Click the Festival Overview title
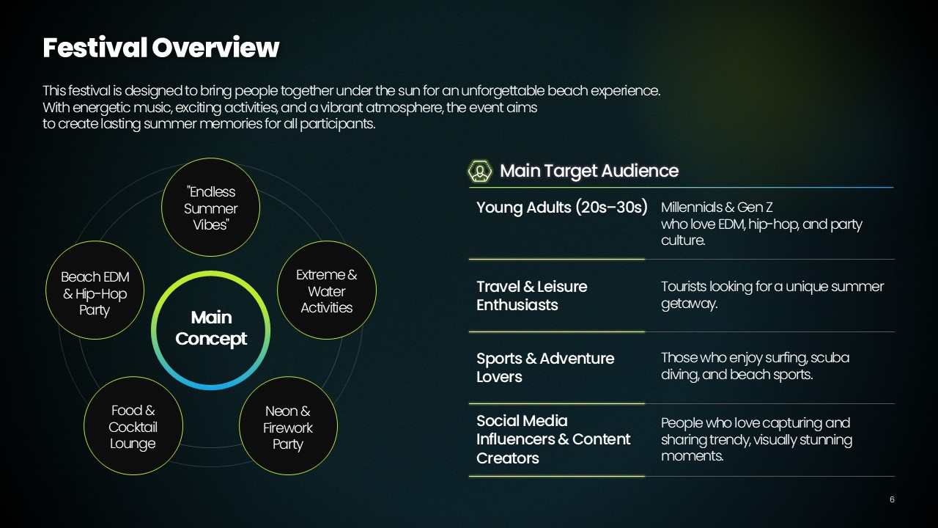point(160,48)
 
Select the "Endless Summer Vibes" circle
point(210,207)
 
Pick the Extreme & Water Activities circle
point(327,290)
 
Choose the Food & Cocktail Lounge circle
point(133,426)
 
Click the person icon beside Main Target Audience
point(480,171)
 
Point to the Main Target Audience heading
point(588,171)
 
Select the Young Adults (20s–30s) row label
point(562,208)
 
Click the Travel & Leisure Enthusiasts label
point(532,296)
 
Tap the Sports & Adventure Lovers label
point(545,367)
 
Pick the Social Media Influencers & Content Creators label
point(553,439)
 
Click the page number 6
point(892,499)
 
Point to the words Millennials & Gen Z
point(717,208)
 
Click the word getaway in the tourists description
point(688,304)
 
